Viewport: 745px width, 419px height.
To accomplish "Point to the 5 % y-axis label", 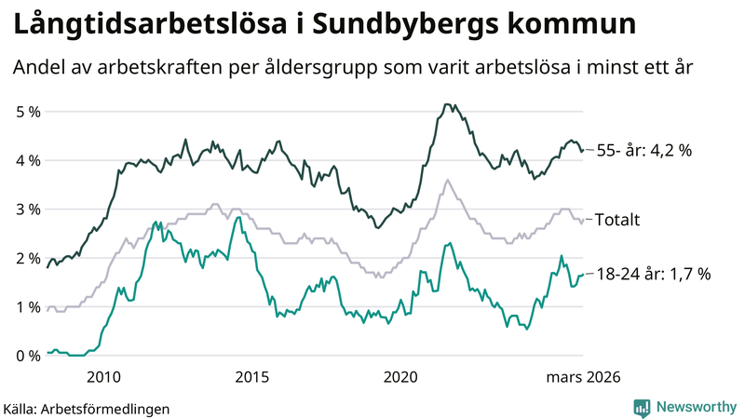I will (x=29, y=112).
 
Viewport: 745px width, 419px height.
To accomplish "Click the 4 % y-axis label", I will (x=29, y=160).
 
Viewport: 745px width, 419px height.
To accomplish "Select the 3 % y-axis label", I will (x=29, y=209).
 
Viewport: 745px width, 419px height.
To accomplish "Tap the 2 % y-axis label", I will (x=29, y=258).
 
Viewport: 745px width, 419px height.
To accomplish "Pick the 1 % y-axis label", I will (x=29, y=307).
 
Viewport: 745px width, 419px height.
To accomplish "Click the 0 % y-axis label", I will (x=29, y=356).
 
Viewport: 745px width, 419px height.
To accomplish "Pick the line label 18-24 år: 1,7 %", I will (x=655, y=274).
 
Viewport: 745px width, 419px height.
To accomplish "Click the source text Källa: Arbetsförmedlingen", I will (x=87, y=408).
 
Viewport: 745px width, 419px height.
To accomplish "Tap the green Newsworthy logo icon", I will (x=642, y=407).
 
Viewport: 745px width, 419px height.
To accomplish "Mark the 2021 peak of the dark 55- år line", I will (x=447, y=104).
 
